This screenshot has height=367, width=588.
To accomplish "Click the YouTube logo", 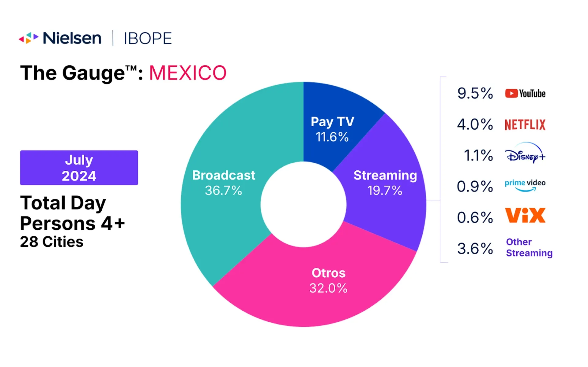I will [x=525, y=93].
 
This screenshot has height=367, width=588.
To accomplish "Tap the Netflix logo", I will [x=525, y=125].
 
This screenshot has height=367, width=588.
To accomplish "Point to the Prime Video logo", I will [x=525, y=185].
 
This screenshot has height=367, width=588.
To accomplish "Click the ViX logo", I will [x=525, y=215].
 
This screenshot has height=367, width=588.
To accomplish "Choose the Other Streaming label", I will [x=529, y=247].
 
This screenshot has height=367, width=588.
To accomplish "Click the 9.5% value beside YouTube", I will [x=475, y=93].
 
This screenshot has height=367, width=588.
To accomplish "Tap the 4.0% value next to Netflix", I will [x=475, y=124].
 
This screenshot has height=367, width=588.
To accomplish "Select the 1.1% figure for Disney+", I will [x=478, y=155].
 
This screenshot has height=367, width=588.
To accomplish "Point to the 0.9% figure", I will [x=475, y=186].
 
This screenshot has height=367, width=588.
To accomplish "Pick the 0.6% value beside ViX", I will [x=475, y=217].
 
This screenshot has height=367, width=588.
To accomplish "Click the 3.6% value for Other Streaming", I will [x=475, y=248].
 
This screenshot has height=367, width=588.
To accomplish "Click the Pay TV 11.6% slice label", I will [x=332, y=129].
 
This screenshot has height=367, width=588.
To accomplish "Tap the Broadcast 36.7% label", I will [x=224, y=183].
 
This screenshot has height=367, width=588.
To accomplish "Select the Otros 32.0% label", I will [x=328, y=280].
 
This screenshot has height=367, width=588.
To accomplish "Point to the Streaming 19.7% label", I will [x=385, y=183].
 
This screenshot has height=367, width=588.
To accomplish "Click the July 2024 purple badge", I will [x=79, y=168].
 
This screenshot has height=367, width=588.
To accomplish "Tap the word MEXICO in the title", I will [x=188, y=73].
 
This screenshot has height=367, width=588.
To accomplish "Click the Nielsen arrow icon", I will [x=28, y=38].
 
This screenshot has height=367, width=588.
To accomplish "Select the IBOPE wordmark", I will [x=148, y=39].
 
